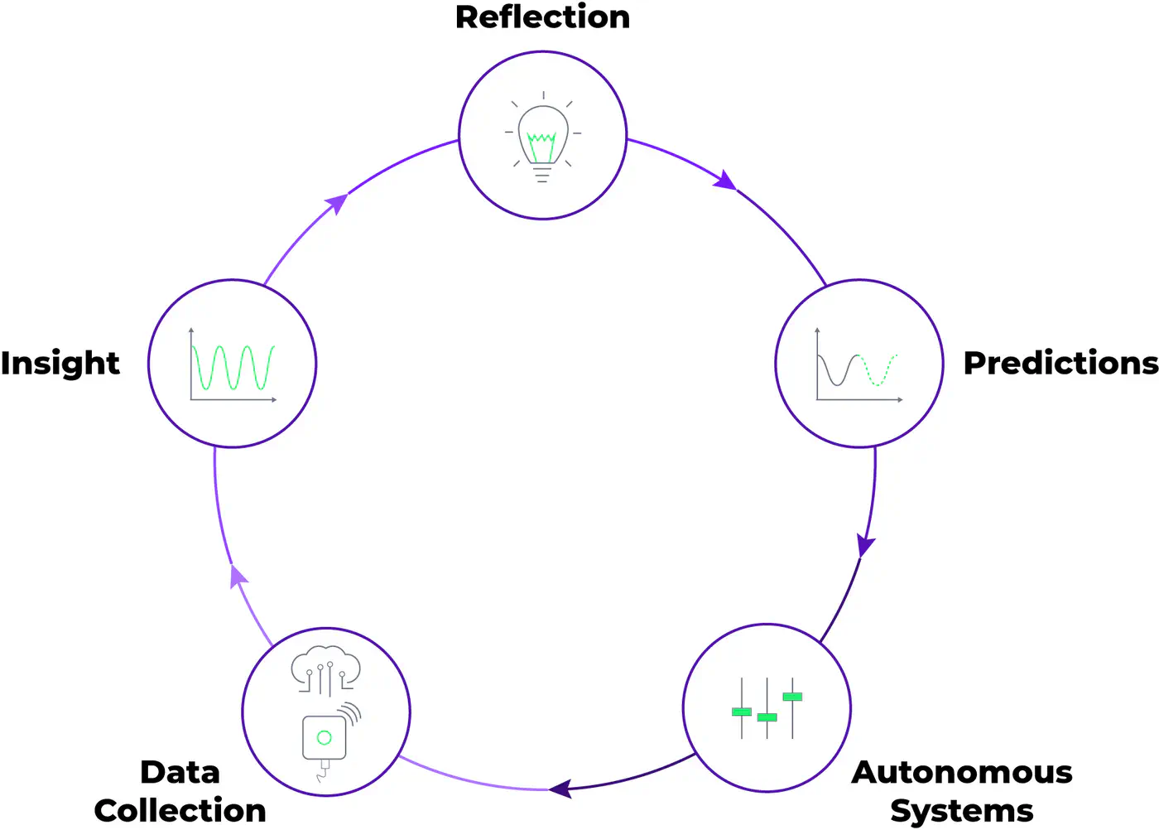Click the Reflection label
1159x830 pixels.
542,17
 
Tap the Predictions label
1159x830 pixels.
1060,363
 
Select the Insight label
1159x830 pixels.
60,363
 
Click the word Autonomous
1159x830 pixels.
962,772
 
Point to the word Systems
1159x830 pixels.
962,810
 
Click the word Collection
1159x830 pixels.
180,810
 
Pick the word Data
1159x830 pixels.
180,772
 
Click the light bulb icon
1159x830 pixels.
542,137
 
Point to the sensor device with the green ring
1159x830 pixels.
325,737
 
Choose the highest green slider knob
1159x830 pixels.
792,697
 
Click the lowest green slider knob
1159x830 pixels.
767,717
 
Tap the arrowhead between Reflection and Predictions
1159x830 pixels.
726,181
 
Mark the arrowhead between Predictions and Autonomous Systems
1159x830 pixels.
865,546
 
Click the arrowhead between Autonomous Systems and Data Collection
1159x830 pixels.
560,789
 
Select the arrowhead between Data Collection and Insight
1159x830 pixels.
238,575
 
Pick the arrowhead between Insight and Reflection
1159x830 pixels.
336,202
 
